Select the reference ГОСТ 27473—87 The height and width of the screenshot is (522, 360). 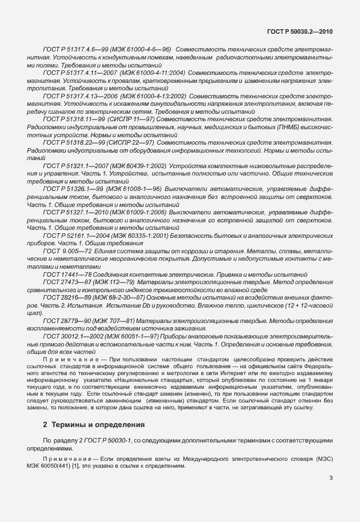coord(64,282)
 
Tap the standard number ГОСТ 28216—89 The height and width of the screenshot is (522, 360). coord(64,298)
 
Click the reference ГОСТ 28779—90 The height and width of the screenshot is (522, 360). coord(64,321)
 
